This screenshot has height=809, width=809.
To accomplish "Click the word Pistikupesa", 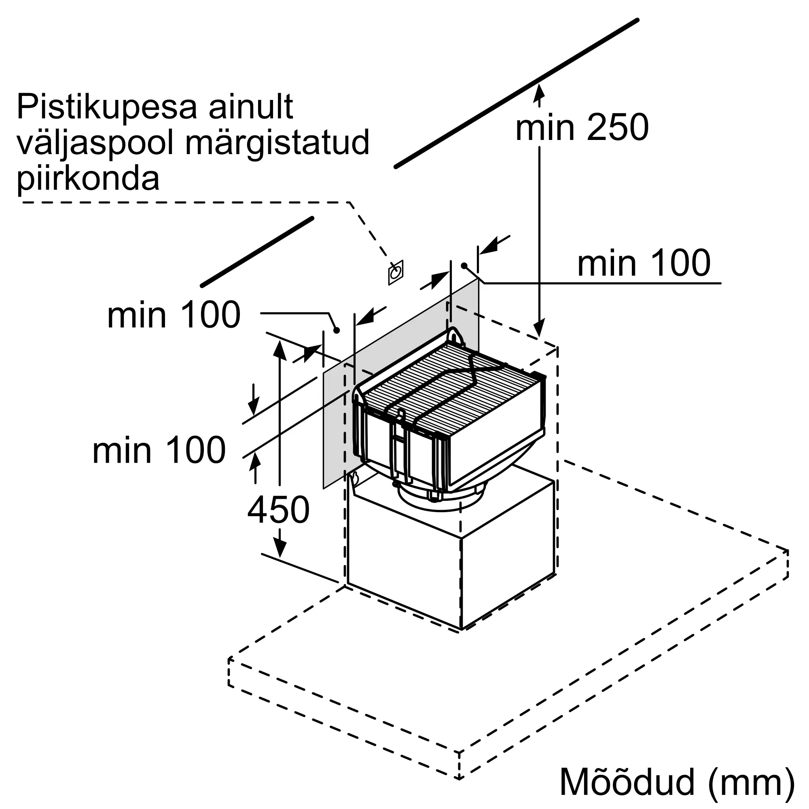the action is click(107, 108).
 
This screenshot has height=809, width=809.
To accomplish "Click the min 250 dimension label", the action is click(582, 127).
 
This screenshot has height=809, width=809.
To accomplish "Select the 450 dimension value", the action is click(278, 510).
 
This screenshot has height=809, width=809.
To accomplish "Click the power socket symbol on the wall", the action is click(396, 273).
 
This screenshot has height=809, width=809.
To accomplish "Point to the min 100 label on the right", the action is click(644, 263).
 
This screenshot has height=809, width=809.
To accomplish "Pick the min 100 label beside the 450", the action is click(159, 450).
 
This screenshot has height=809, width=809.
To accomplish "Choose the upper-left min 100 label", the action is click(174, 315).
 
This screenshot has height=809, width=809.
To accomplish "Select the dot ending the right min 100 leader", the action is click(464, 265).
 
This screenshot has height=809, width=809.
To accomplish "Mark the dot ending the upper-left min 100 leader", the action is click(336, 330).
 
